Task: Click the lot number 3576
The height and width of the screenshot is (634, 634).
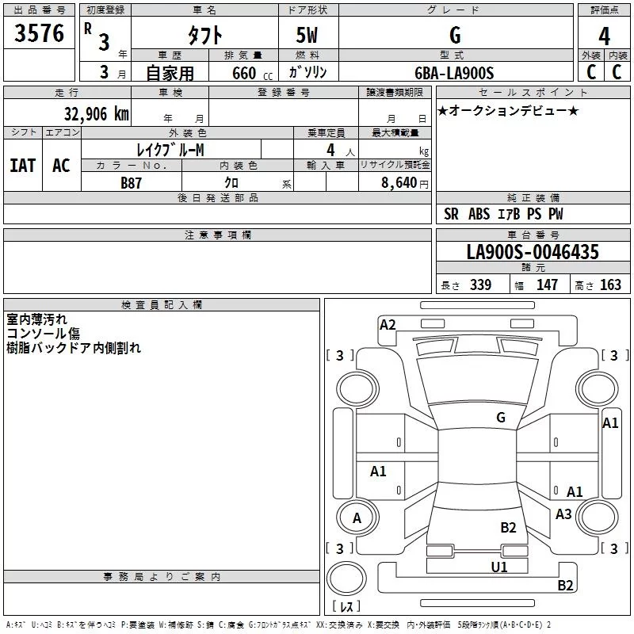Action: pyautogui.click(x=39, y=33)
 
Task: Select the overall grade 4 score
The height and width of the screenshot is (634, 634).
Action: pyautogui.click(x=604, y=36)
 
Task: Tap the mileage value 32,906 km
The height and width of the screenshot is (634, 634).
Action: pyautogui.click(x=97, y=114)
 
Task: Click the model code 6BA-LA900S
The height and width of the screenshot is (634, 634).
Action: pyautogui.click(x=454, y=73)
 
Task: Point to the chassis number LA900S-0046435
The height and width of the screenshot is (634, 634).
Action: pyautogui.click(x=533, y=252)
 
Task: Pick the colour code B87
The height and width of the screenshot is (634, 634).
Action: pyautogui.click(x=131, y=183)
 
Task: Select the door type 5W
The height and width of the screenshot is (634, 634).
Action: pyautogui.click(x=307, y=35)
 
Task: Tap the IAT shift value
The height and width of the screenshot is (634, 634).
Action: pyautogui.click(x=23, y=166)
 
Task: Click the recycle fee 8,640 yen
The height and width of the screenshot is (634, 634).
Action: pyautogui.click(x=405, y=183)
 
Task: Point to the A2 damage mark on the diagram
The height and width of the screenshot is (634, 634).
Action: pyautogui.click(x=388, y=325)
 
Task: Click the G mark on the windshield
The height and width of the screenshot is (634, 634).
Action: pyautogui.click(x=501, y=418)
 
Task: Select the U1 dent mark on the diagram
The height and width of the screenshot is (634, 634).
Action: pyautogui.click(x=499, y=567)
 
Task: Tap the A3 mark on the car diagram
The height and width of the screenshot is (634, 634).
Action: pyautogui.click(x=563, y=514)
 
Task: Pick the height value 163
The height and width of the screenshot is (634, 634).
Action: pyautogui.click(x=610, y=285)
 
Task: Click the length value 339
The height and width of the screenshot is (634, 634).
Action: pyautogui.click(x=480, y=285)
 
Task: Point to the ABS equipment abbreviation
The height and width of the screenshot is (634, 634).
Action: pyautogui.click(x=479, y=214)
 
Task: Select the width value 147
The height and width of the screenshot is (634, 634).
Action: pyautogui.click(x=547, y=285)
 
